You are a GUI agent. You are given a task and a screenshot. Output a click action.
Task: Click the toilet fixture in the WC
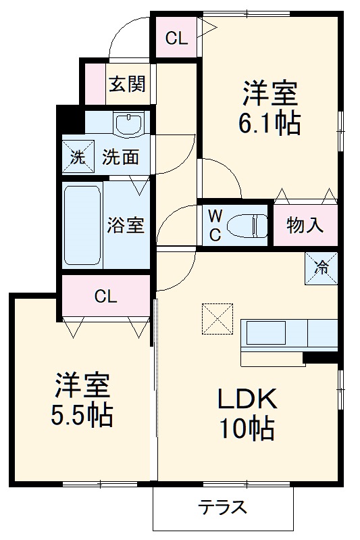tap(246, 224)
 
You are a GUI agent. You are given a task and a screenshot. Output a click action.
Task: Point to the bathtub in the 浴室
tap(82, 225)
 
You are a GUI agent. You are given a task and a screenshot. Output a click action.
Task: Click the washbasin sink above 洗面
tap(129, 124)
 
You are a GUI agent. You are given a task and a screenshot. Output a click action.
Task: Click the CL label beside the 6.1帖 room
tap(176, 39)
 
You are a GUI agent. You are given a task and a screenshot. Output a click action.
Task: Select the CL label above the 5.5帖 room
tap(106, 295)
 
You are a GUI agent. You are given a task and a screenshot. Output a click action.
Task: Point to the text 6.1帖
tap(269, 123)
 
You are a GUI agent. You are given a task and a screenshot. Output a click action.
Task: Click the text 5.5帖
tap(82, 414)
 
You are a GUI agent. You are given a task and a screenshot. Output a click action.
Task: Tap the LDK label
tap(247, 400)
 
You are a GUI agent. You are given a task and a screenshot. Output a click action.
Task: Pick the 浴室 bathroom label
tap(126, 225)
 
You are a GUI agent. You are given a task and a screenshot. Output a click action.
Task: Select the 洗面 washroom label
tap(121, 157)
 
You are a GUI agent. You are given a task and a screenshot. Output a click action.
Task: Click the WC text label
tap(214, 225)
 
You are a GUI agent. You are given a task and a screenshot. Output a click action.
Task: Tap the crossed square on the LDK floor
tap(217, 316)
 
